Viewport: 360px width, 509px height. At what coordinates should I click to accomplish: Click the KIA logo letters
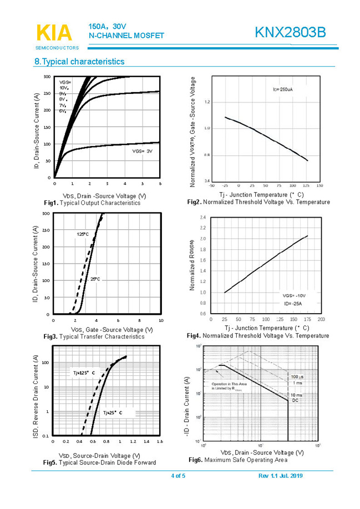pyautogui.click(x=54, y=33)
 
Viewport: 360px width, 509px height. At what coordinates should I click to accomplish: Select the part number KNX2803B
pyautogui.click(x=290, y=33)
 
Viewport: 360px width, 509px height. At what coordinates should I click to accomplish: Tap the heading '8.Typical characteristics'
pyautogui.click(x=79, y=62)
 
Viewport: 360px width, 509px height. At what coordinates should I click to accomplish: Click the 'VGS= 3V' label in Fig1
pyautogui.click(x=142, y=151)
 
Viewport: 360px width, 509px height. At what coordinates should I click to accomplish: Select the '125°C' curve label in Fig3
pyautogui.click(x=83, y=235)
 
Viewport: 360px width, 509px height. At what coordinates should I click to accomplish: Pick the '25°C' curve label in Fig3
pyautogui.click(x=95, y=279)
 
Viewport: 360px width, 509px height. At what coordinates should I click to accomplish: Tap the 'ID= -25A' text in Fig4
pyautogui.click(x=295, y=304)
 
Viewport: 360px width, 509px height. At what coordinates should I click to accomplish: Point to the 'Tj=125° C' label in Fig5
pyautogui.click(x=84, y=372)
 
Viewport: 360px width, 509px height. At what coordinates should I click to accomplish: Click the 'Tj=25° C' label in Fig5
pyautogui.click(x=112, y=413)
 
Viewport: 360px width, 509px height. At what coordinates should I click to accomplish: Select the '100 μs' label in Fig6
pyautogui.click(x=298, y=377)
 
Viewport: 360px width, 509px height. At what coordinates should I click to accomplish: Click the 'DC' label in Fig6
pyautogui.click(x=295, y=400)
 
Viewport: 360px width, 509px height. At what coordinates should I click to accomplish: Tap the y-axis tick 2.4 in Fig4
pyautogui.click(x=202, y=218)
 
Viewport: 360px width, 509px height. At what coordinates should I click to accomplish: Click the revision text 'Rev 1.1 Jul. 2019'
pyautogui.click(x=280, y=476)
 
